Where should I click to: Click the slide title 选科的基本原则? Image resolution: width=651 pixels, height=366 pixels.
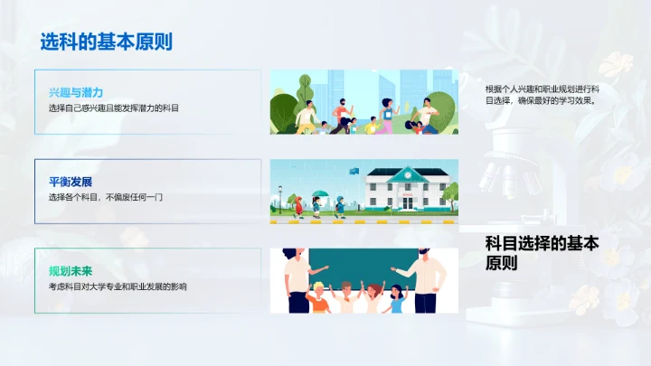click(x=106, y=42)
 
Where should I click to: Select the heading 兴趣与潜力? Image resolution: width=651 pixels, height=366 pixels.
click(x=76, y=93)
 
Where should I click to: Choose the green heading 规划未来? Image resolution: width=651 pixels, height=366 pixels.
click(x=71, y=270)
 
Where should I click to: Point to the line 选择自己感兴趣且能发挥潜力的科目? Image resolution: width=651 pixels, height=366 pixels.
click(x=114, y=108)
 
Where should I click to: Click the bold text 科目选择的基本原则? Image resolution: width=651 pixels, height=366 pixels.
click(x=542, y=253)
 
